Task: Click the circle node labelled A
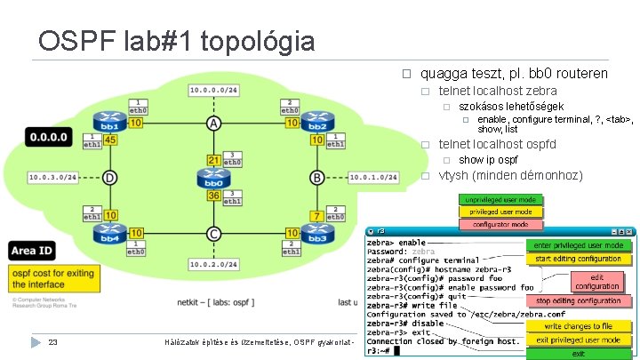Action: point(213,123)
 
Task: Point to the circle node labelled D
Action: point(109,178)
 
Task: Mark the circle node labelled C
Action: point(213,234)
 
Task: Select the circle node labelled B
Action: point(317,178)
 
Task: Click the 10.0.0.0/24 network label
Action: point(213,90)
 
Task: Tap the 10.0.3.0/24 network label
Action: point(51,178)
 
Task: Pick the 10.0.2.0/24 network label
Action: point(213,265)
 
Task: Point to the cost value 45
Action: point(110,140)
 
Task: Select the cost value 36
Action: point(213,196)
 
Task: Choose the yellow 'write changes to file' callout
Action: point(579,326)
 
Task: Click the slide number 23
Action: point(52,343)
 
